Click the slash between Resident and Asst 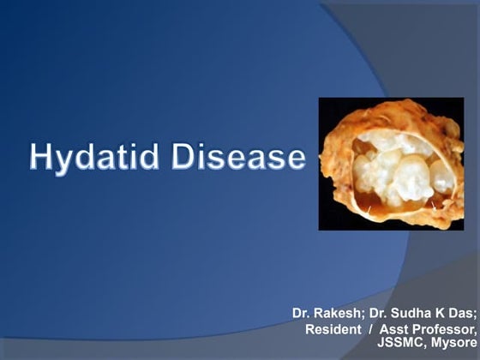(x=375, y=329)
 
